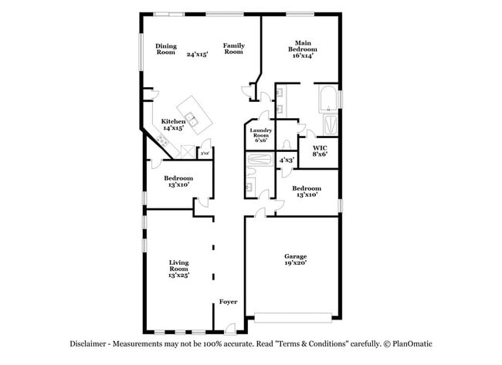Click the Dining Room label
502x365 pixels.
(166, 49)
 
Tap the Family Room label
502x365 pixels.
(234, 49)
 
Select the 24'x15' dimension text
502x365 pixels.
(198, 55)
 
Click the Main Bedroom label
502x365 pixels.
(304, 49)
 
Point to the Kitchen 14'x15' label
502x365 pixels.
(172, 125)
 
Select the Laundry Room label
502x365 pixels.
(259, 136)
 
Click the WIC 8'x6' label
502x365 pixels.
(320, 150)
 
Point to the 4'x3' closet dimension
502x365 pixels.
(287, 160)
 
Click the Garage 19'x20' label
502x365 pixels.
(295, 259)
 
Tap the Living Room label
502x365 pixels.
(178, 269)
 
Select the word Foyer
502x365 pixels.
(228, 302)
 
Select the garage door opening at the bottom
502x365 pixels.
(294, 316)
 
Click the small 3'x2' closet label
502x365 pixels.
(205, 154)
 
